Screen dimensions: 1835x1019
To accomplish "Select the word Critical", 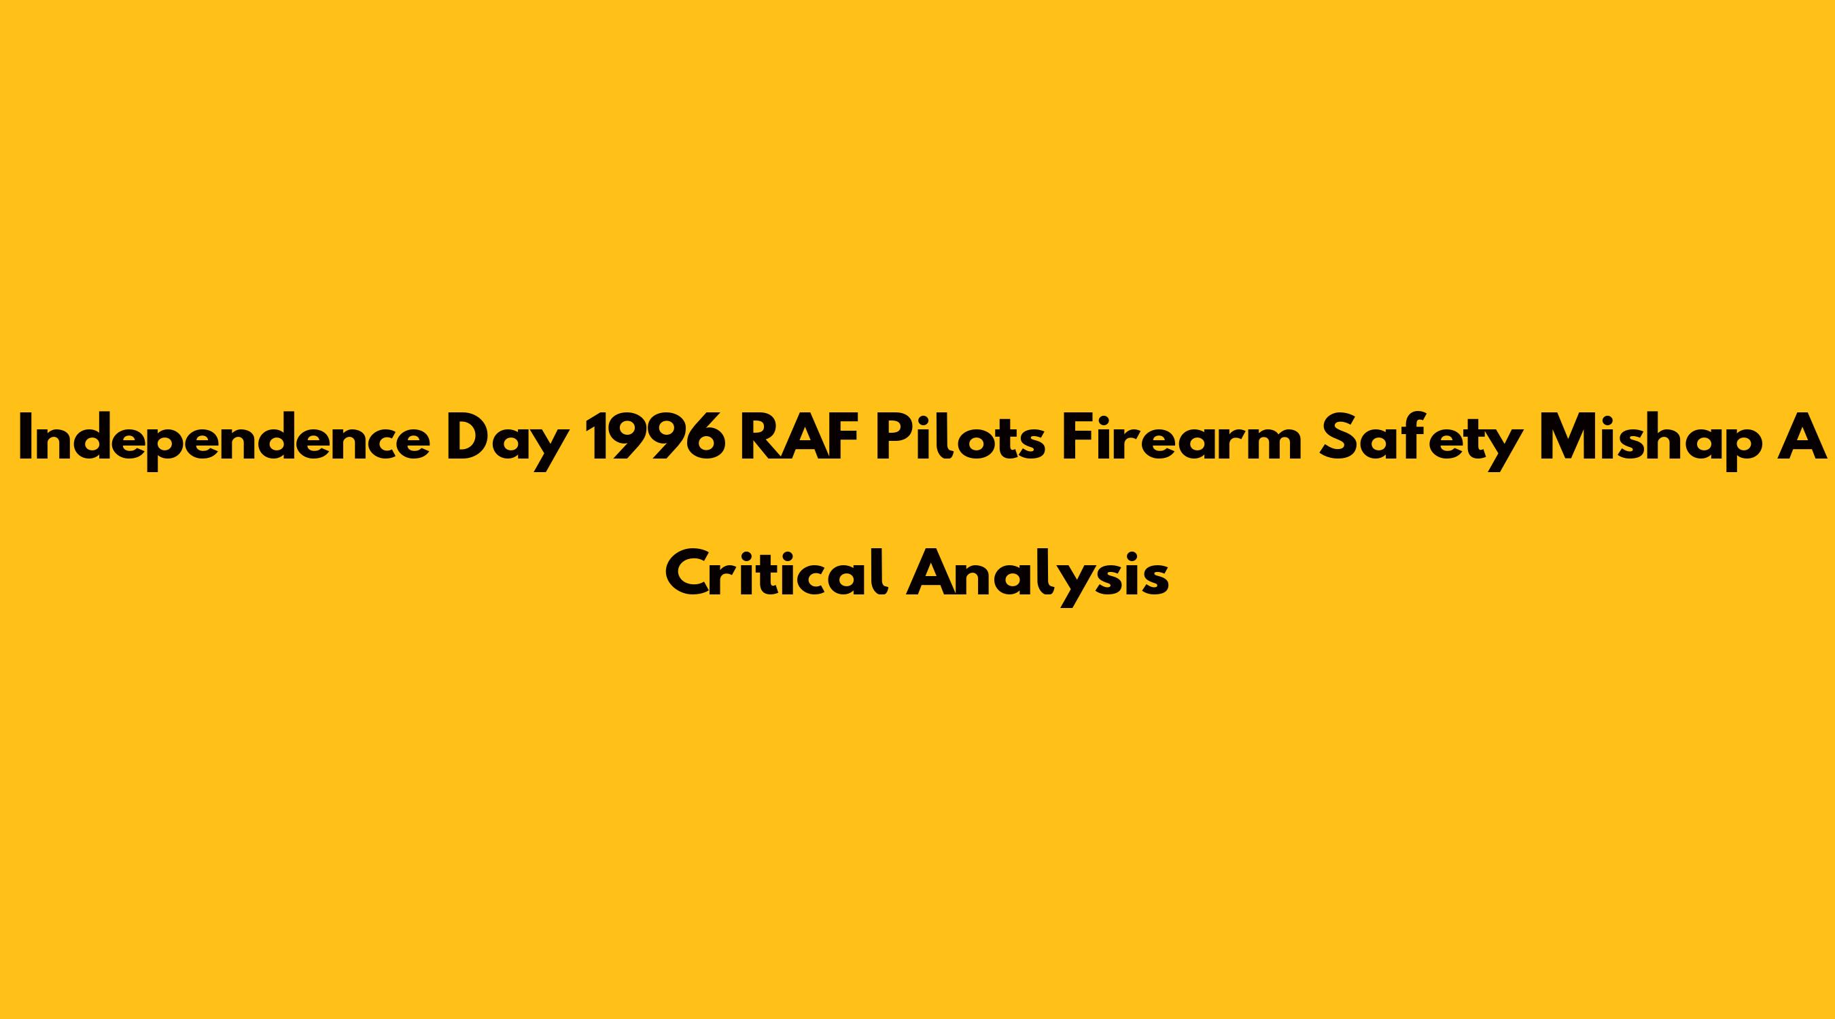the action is click(x=777, y=572).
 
